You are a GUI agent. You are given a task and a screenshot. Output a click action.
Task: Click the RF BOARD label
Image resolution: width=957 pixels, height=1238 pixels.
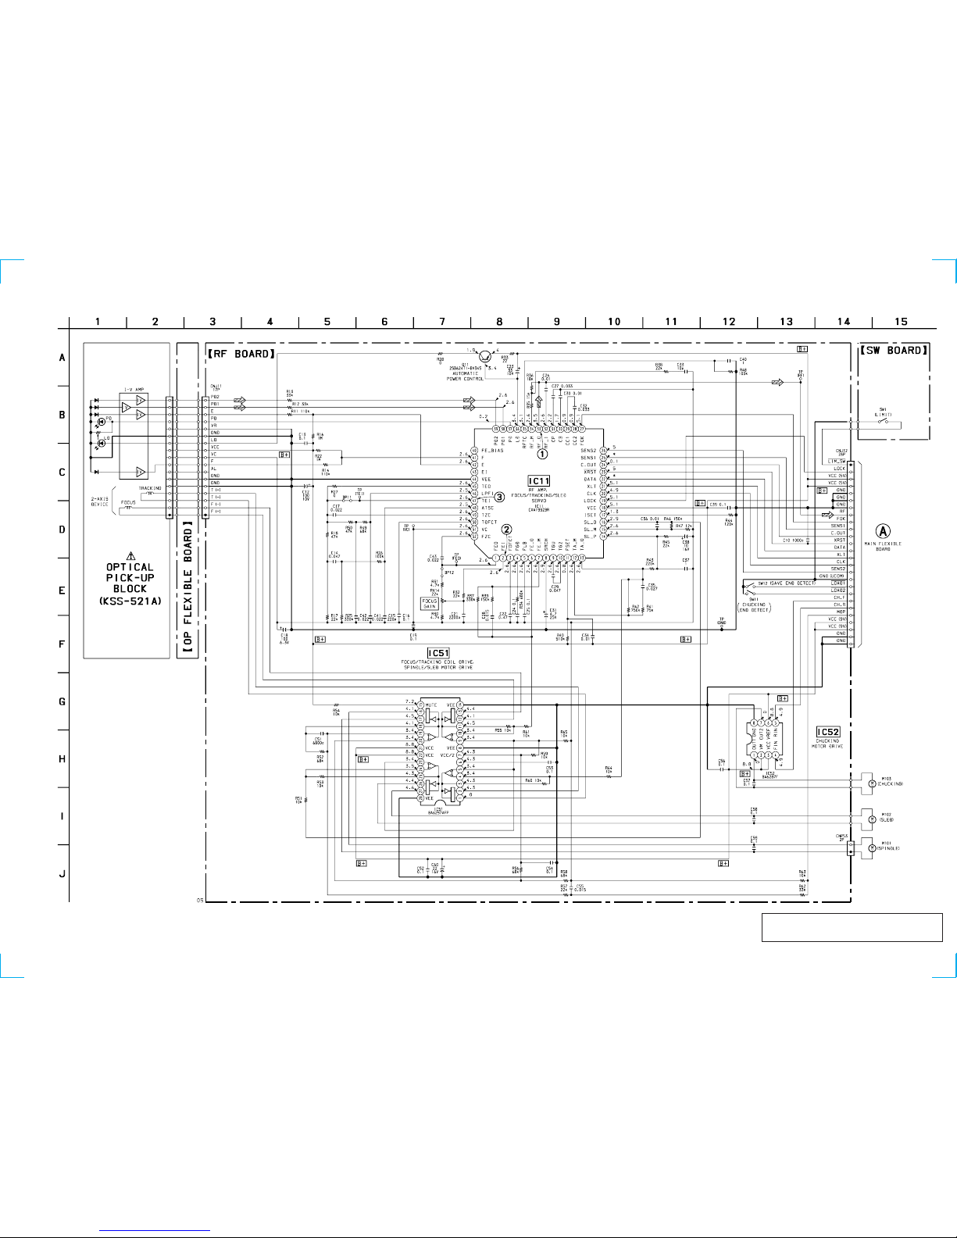pyautogui.click(x=241, y=354)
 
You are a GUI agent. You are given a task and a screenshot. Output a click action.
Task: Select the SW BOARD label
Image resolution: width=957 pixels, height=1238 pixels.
pyautogui.click(x=894, y=351)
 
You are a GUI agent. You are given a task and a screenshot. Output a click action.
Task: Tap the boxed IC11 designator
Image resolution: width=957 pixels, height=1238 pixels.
pyautogui.click(x=539, y=481)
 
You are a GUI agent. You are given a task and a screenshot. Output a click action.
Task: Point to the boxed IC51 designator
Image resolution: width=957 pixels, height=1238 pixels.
pyautogui.click(x=438, y=653)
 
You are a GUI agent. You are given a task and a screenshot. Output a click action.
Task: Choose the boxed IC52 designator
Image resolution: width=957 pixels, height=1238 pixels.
pyautogui.click(x=828, y=733)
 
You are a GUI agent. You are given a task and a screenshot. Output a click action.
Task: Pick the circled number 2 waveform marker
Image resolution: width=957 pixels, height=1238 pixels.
pyautogui.click(x=507, y=530)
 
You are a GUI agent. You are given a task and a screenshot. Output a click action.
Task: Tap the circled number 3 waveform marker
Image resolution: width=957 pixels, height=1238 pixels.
pyautogui.click(x=499, y=497)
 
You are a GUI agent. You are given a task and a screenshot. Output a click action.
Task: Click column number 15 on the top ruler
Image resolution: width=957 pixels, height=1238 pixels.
pyautogui.click(x=901, y=322)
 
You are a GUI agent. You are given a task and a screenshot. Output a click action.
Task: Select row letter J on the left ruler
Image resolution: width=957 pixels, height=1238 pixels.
pyautogui.click(x=62, y=874)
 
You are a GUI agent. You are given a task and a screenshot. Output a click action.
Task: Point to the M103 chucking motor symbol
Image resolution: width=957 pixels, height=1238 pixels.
pyautogui.click(x=872, y=783)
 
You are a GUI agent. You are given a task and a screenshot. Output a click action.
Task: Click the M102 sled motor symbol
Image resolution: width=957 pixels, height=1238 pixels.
pyautogui.click(x=872, y=819)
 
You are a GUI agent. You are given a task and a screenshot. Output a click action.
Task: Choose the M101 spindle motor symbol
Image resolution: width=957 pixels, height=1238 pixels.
pyautogui.click(x=872, y=847)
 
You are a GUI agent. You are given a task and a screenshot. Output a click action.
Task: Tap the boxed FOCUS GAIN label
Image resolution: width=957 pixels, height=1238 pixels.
pyautogui.click(x=430, y=604)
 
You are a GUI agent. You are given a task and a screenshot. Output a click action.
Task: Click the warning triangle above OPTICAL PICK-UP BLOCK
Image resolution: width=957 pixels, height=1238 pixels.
pyautogui.click(x=130, y=556)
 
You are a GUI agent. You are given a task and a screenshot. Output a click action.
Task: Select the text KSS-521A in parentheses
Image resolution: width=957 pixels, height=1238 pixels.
pyautogui.click(x=130, y=601)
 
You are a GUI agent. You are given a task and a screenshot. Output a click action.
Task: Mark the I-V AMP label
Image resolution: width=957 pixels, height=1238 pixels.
pyautogui.click(x=134, y=389)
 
